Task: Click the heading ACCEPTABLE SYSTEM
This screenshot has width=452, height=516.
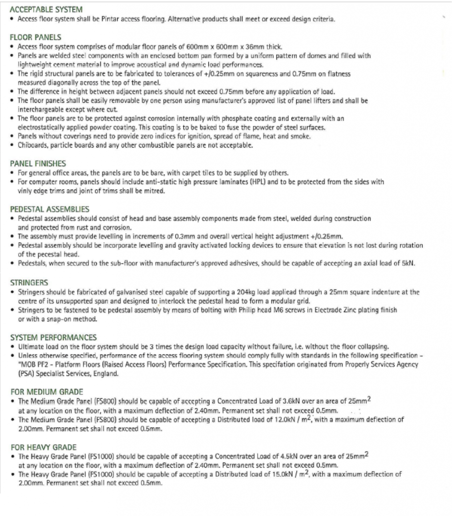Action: click(46, 10)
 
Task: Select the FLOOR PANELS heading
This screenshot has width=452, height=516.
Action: click(36, 37)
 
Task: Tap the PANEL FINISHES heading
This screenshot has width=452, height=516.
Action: click(38, 163)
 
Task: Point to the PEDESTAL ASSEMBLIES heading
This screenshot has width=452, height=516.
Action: click(49, 209)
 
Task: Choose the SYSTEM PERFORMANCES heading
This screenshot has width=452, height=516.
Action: click(53, 337)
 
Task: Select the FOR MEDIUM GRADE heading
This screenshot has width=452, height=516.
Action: click(46, 392)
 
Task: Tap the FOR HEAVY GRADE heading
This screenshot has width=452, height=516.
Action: click(43, 447)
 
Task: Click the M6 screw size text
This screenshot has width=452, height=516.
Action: click(269, 310)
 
